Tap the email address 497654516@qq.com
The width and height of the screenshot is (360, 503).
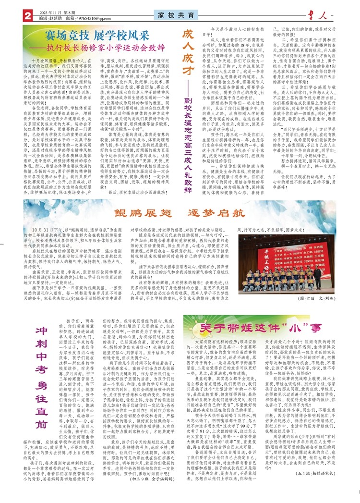pyautogui.click(x=98, y=19)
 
